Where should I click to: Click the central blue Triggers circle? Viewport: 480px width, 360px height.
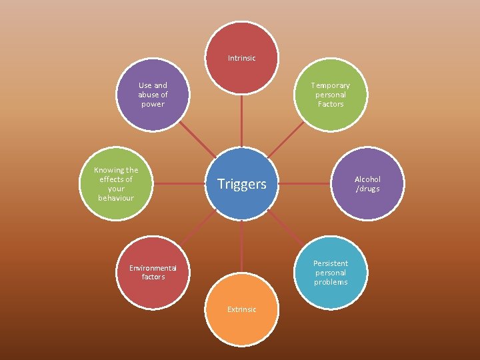pos(241,183)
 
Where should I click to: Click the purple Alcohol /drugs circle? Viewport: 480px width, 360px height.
pos(367,183)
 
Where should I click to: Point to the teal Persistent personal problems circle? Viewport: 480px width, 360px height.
pos(331,272)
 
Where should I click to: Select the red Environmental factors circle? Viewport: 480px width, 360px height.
pos(153,272)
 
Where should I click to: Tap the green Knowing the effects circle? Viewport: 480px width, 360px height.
pos(116,183)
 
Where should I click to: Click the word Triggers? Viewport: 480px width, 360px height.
pos(241,184)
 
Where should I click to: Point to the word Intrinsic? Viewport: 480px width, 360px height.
pos(241,59)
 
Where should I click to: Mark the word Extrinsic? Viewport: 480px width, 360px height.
pos(241,309)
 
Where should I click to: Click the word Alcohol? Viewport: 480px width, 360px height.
pos(367,179)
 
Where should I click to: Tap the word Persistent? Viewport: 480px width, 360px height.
pos(331,263)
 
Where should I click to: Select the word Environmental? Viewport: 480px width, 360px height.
pos(153,268)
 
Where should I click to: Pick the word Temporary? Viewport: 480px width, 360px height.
pos(331,85)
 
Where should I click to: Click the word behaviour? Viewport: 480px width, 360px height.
pos(116,198)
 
